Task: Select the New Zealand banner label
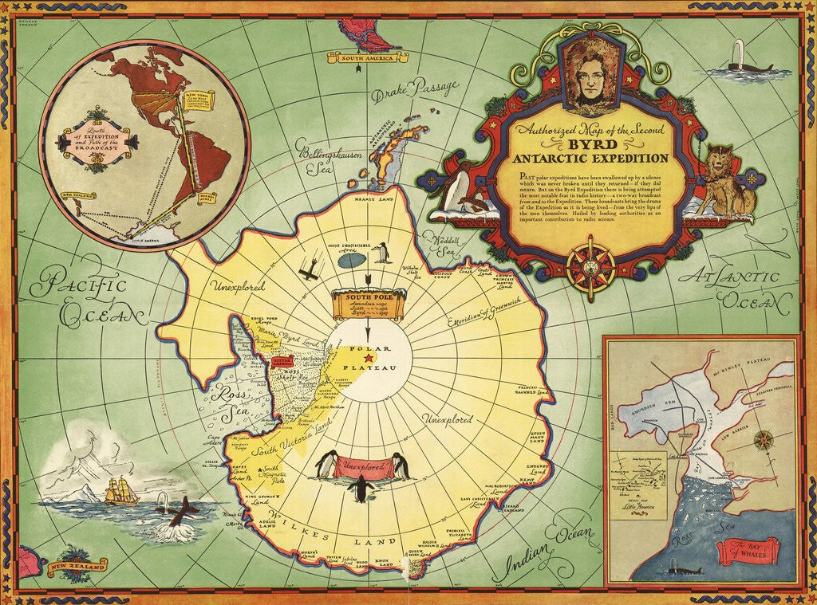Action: point(77,568)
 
